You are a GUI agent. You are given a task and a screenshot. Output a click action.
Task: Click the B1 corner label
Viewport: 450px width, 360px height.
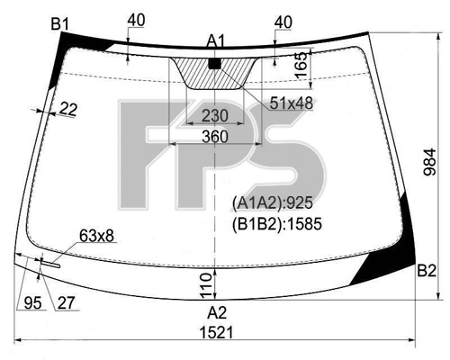(x=60, y=24)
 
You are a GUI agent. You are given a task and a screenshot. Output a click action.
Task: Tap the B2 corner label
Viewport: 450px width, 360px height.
(x=427, y=271)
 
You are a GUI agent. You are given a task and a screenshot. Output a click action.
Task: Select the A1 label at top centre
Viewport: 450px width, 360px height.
(x=215, y=41)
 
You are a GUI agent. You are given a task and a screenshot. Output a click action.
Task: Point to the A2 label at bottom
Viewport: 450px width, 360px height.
(x=217, y=313)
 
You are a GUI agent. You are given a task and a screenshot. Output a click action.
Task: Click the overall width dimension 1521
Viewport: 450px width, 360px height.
(x=216, y=333)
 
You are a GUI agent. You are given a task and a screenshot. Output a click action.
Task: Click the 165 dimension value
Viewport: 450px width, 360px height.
(x=301, y=65)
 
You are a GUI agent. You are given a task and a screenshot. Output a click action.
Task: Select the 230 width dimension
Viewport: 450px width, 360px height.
(x=215, y=116)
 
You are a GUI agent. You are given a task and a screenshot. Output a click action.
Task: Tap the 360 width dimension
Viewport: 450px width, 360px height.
(x=215, y=137)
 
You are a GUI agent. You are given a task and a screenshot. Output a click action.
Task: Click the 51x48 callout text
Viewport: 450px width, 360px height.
(x=291, y=103)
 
